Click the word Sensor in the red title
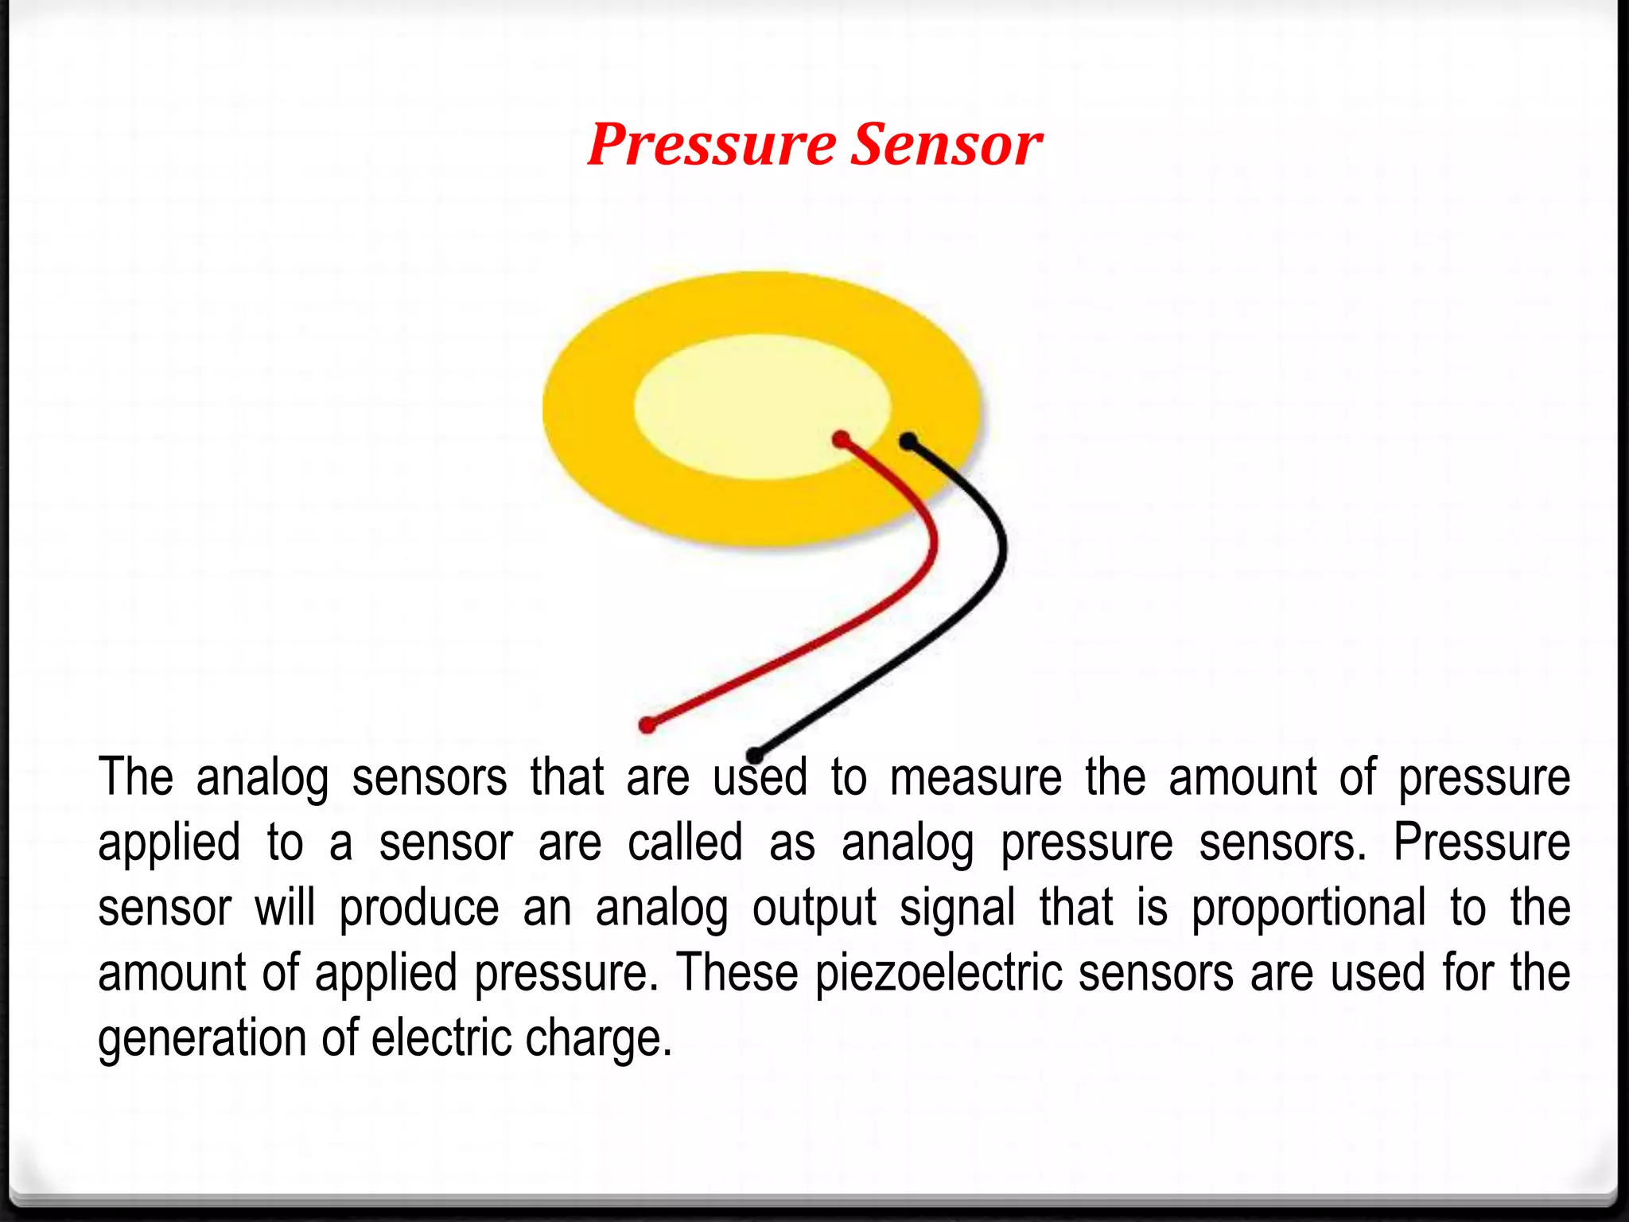(947, 146)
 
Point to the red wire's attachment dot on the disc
(841, 439)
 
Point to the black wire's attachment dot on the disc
(908, 441)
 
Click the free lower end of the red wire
(647, 725)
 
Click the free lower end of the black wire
(755, 755)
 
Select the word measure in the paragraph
(976, 778)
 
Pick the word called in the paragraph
(685, 843)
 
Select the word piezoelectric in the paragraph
(939, 974)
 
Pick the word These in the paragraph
(737, 973)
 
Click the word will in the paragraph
(285, 908)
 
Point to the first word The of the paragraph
(135, 777)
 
